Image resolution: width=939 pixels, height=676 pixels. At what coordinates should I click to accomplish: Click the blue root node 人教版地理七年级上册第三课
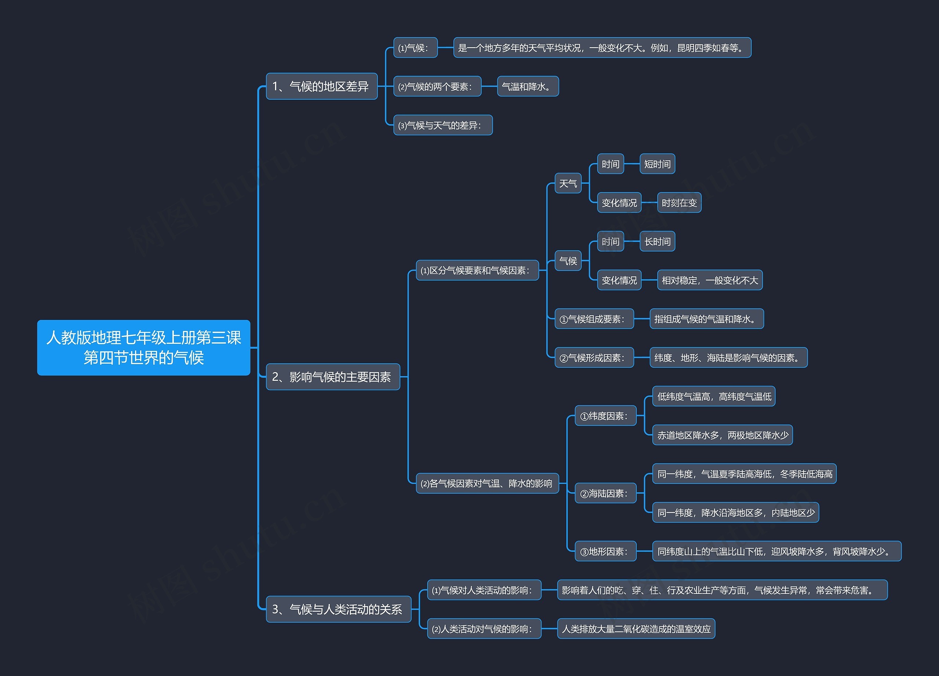tap(143, 348)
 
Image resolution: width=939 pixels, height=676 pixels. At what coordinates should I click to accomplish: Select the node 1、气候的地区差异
tap(321, 87)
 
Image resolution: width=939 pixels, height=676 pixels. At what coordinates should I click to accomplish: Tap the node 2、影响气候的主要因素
tap(332, 377)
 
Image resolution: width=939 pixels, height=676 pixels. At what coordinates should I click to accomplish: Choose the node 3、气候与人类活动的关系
tap(338, 609)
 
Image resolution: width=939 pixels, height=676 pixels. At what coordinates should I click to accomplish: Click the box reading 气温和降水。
tap(527, 87)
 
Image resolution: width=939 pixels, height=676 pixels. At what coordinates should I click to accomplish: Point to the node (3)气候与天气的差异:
tap(443, 125)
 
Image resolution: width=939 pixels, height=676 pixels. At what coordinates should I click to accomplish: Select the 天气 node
tap(568, 183)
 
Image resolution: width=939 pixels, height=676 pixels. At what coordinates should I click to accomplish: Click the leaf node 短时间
tap(657, 164)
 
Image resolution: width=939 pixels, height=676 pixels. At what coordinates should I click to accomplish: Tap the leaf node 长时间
tap(657, 242)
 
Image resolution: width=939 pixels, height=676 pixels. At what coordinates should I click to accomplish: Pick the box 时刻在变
tap(679, 203)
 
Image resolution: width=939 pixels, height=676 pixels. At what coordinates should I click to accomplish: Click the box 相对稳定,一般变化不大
tap(710, 280)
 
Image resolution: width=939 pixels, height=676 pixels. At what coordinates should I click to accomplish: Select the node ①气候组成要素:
tap(594, 319)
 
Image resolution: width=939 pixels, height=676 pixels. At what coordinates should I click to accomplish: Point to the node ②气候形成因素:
tap(594, 358)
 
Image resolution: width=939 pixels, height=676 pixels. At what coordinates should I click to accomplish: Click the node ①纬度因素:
tap(605, 416)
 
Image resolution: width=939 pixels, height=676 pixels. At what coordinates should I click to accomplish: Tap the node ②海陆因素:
tap(605, 493)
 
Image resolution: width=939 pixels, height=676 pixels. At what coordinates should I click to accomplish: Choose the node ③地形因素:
tap(605, 551)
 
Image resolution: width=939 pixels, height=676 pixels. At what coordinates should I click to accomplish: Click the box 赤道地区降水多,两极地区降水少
tap(723, 435)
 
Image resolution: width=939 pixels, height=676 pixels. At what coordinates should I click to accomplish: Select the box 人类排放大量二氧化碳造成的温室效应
tap(636, 629)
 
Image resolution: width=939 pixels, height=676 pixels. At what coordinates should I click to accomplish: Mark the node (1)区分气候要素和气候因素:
tap(477, 271)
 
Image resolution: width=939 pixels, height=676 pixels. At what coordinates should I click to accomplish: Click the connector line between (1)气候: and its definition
tap(446, 48)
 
